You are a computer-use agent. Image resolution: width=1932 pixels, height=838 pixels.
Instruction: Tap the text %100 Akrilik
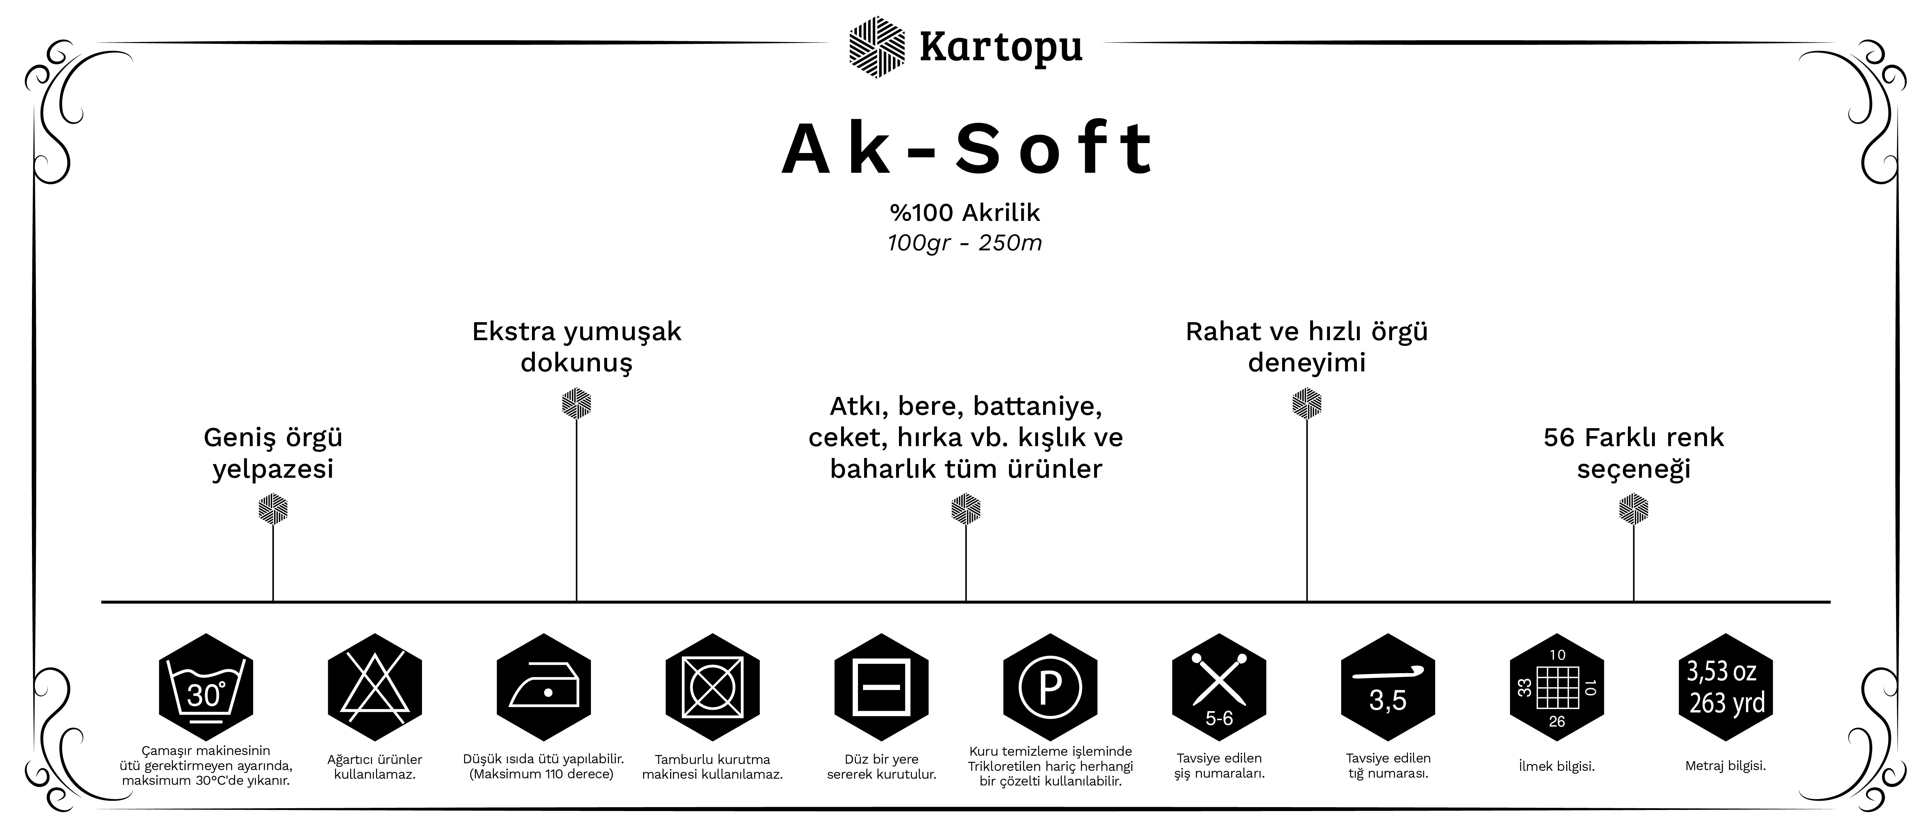click(x=965, y=213)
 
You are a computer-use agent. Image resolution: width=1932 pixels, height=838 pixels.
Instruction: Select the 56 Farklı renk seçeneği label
click(x=1634, y=453)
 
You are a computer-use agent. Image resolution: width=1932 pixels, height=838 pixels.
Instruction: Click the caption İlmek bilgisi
click(x=1556, y=766)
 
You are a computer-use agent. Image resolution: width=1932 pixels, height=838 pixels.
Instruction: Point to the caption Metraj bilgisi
click(x=1725, y=766)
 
